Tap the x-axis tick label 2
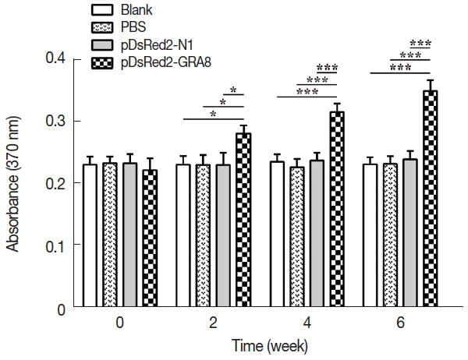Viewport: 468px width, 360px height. (213, 323)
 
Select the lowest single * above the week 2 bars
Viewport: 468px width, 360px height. (213, 114)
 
